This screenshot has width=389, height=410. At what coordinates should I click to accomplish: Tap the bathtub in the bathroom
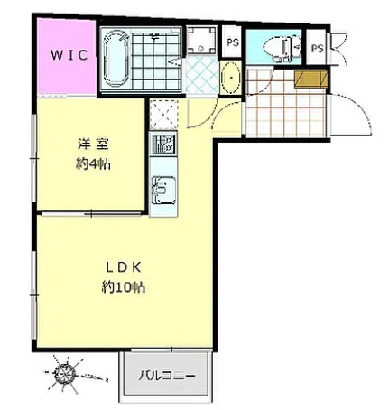coord(115,60)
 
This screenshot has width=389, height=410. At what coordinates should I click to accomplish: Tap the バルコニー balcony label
coord(168,375)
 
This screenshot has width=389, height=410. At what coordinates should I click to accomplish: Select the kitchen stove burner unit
coord(162,145)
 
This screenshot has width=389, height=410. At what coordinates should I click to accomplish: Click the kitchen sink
coord(163,191)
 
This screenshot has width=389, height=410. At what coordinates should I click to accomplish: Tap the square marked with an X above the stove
coord(163,113)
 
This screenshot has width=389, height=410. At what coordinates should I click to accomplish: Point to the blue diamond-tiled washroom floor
coord(200,74)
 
